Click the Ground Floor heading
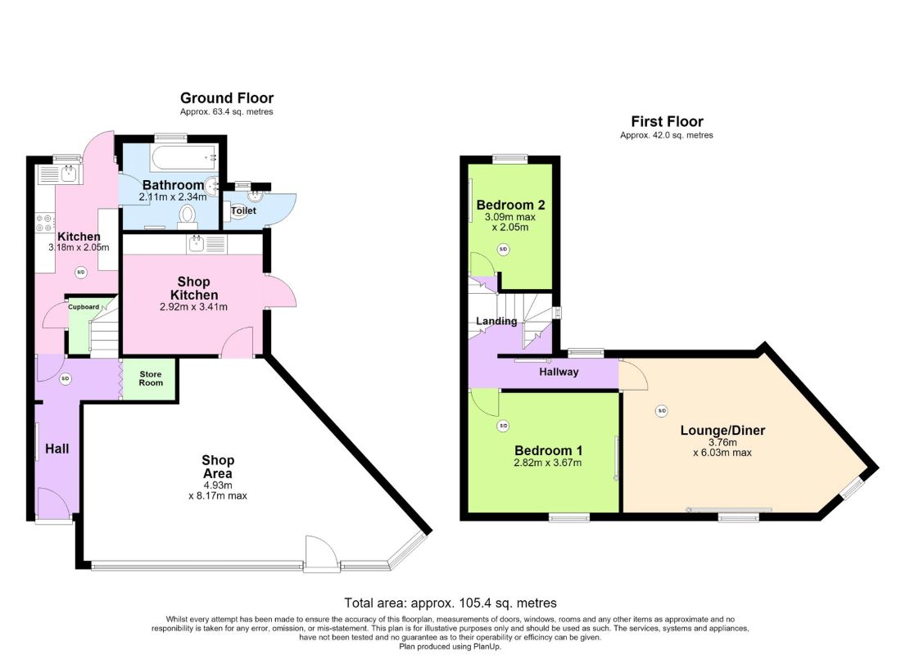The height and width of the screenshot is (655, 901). click(x=227, y=98)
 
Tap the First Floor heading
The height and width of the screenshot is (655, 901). click(x=667, y=122)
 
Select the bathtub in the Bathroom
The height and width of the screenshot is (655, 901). click(x=184, y=156)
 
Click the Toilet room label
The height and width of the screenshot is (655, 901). click(x=243, y=211)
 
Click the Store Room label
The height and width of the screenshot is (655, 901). click(x=151, y=378)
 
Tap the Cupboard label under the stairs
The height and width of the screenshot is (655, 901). click(x=84, y=307)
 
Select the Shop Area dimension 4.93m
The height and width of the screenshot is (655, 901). click(x=218, y=485)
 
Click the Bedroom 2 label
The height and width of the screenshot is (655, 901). click(x=511, y=206)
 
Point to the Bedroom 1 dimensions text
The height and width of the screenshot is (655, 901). click(x=548, y=463)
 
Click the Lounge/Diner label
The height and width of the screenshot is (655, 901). click(x=723, y=431)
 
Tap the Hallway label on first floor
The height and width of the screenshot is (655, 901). click(x=559, y=373)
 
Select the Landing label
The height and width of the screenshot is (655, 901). click(x=496, y=321)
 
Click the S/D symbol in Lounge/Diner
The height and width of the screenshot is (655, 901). click(x=662, y=411)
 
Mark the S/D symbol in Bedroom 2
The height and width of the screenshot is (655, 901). click(x=504, y=250)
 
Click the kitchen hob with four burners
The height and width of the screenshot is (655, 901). click(x=45, y=223)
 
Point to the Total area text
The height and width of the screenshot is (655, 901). click(x=450, y=603)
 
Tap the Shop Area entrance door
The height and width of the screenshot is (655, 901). click(x=320, y=554)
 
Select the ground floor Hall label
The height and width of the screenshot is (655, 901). click(x=57, y=449)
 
